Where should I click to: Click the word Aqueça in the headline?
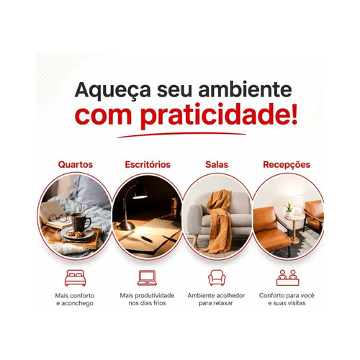click(113, 91)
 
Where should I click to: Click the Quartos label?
click(76, 165)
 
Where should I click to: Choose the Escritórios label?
click(148, 164)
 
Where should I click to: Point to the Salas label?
click(217, 164)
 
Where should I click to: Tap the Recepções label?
click(287, 165)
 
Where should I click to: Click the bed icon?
click(76, 278)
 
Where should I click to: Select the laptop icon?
click(147, 278)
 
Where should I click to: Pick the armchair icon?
click(217, 278)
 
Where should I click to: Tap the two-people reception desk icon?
click(288, 278)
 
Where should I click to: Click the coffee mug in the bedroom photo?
click(81, 222)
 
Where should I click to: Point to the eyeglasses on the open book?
click(58, 218)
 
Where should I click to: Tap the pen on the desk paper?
click(146, 239)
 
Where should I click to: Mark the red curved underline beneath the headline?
click(181, 135)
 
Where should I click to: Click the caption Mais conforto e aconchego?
click(75, 300)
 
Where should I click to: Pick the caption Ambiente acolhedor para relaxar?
click(216, 300)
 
